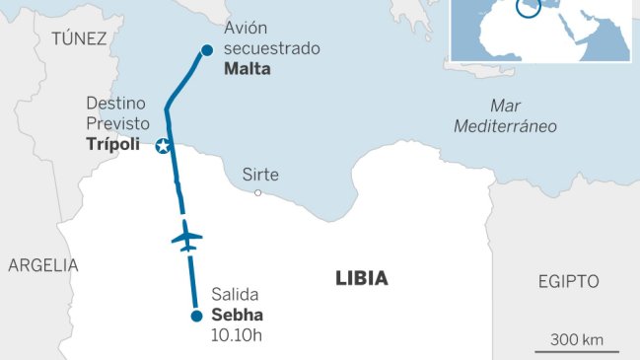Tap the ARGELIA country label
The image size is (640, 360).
(x=42, y=265)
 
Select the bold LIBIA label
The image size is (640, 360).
(x=361, y=279)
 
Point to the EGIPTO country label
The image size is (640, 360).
(x=568, y=281)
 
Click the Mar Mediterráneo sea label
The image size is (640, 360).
(x=505, y=115)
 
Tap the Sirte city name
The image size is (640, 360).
(x=260, y=175)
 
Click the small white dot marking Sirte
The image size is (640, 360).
(x=258, y=192)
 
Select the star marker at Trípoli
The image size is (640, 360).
(x=164, y=147)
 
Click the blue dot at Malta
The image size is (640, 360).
(x=206, y=50)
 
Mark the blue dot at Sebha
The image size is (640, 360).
(x=196, y=316)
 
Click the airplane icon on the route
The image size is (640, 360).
(x=185, y=237)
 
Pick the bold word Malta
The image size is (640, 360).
(x=247, y=70)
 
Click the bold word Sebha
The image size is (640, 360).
(x=238, y=316)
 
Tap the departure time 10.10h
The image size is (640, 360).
(x=239, y=335)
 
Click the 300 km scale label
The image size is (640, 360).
(x=577, y=340)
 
